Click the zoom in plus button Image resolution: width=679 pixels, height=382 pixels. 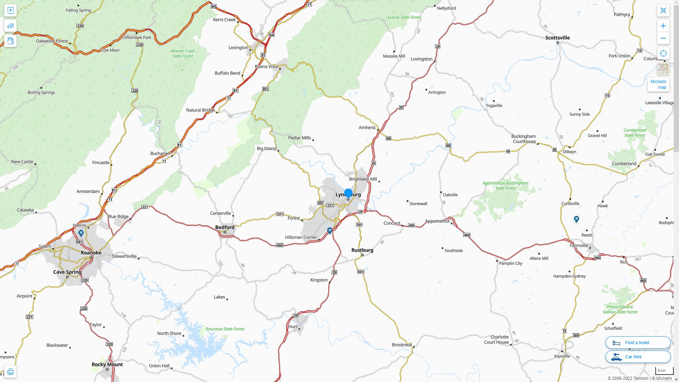[663, 26]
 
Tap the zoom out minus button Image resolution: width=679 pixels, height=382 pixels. [663, 38]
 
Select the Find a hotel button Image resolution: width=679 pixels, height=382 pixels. [638, 342]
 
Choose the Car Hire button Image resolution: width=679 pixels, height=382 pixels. [638, 357]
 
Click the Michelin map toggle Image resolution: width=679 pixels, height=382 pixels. [658, 85]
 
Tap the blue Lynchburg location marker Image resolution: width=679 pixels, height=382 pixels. [348, 193]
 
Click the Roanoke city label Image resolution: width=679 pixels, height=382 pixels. [91, 253]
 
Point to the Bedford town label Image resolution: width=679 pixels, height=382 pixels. [225, 227]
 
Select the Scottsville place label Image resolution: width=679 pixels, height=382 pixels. [557, 38]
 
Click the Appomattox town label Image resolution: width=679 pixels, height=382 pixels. [437, 221]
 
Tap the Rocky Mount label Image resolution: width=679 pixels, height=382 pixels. [107, 364]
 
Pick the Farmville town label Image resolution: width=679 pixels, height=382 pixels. [579, 245]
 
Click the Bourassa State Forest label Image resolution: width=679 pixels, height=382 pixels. [225, 329]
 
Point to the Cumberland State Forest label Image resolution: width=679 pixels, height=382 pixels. [634, 133]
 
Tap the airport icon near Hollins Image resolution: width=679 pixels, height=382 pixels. [81, 233]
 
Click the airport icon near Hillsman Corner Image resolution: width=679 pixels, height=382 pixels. [330, 231]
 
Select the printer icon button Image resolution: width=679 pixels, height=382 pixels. [10, 372]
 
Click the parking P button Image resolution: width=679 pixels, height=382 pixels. [10, 10]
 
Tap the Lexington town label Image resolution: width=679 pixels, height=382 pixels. [238, 47]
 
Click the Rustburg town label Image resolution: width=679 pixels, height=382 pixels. [362, 250]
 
